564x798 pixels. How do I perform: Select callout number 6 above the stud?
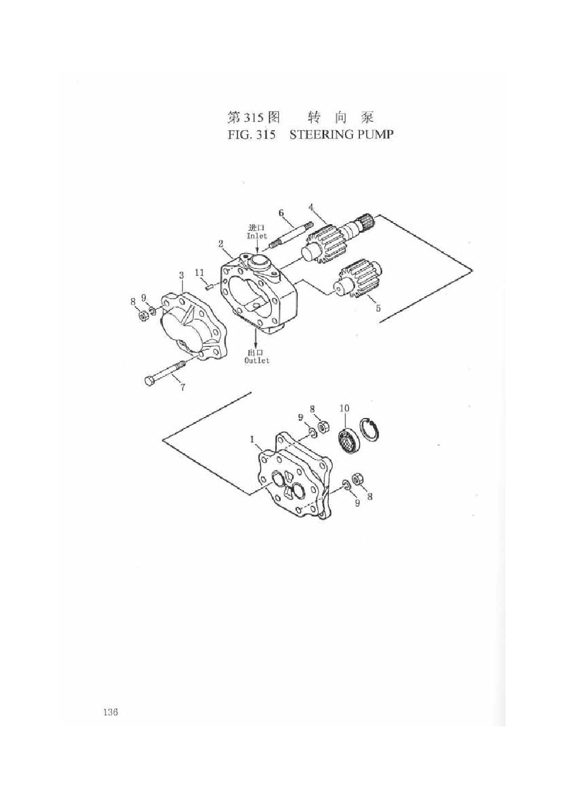281,213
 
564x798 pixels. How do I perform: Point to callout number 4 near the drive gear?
311,206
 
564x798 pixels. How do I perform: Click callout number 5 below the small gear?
378,308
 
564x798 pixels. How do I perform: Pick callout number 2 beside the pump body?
221,244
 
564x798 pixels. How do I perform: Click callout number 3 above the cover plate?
181,275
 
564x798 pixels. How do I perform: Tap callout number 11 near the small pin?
200,273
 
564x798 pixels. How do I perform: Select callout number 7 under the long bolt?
183,387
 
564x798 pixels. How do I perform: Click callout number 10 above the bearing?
345,408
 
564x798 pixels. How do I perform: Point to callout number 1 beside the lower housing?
252,440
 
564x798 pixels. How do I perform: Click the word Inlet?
257,235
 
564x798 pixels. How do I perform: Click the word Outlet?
257,361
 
